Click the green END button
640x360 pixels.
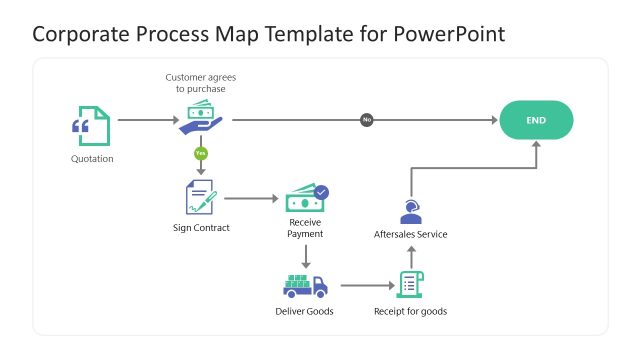tap(536, 120)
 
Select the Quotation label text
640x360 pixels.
tap(92, 158)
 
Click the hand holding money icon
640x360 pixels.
tap(201, 118)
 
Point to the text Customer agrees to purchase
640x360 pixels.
tap(201, 82)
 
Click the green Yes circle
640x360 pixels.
tap(201, 153)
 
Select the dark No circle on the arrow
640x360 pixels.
tap(367, 120)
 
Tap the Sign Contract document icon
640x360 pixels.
tap(201, 197)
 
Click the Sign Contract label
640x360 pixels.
tap(201, 228)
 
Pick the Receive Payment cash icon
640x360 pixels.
tap(306, 196)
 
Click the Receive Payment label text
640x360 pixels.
tap(306, 228)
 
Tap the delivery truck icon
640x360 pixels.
tap(305, 286)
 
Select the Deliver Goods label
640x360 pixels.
tap(305, 311)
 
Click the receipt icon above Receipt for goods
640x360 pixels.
tap(410, 284)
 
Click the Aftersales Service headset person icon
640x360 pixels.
tap(410, 212)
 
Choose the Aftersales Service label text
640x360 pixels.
tap(410, 234)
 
